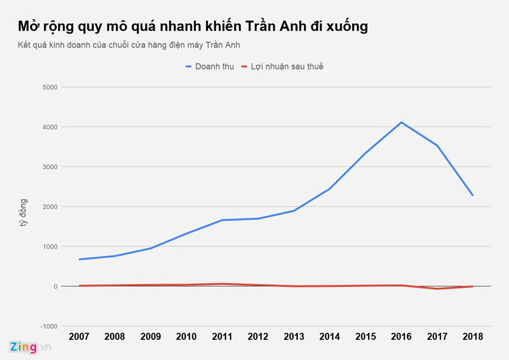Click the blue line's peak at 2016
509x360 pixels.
(402, 123)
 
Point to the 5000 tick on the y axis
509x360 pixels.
(49, 87)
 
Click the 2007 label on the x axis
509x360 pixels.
(79, 337)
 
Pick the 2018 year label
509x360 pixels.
(472, 337)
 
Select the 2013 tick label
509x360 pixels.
(294, 337)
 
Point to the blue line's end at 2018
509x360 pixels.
(472, 195)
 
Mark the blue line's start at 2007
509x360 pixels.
(79, 259)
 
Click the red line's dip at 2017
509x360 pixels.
(437, 289)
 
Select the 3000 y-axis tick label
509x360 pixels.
(49, 167)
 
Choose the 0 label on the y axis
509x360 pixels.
(55, 287)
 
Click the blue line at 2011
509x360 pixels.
(222, 220)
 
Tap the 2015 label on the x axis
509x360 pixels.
(365, 337)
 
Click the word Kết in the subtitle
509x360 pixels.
(25, 45)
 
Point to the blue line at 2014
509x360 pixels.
(329, 189)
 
